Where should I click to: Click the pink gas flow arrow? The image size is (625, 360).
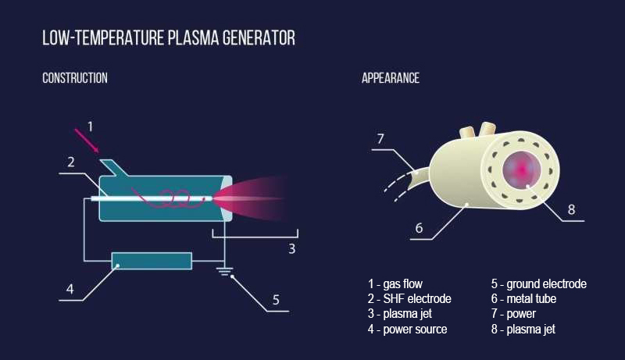point(87,141)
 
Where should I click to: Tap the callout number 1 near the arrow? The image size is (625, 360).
point(90,127)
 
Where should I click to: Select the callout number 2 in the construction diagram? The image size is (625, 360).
point(71,162)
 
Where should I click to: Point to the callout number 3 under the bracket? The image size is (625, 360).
point(291,249)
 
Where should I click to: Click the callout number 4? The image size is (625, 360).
point(70,289)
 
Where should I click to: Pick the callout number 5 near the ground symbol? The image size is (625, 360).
point(276,300)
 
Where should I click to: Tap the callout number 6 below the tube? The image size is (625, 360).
point(419,228)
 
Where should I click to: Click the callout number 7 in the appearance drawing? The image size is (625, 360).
point(380,138)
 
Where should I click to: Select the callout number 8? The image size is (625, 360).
point(572,209)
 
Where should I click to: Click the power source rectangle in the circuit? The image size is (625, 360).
point(152,261)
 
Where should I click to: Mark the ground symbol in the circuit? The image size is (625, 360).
point(224,271)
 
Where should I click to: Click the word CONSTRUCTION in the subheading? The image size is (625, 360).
point(75,78)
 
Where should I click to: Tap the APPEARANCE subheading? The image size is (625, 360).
point(391,78)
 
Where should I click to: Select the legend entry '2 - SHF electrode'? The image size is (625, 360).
point(409,298)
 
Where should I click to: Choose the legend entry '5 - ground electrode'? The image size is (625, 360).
point(539,284)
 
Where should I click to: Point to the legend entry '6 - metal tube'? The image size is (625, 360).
point(523,298)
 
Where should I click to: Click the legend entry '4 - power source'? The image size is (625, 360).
point(407,330)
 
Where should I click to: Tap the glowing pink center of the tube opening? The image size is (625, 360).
point(521,170)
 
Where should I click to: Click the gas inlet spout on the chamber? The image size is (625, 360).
point(114,167)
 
